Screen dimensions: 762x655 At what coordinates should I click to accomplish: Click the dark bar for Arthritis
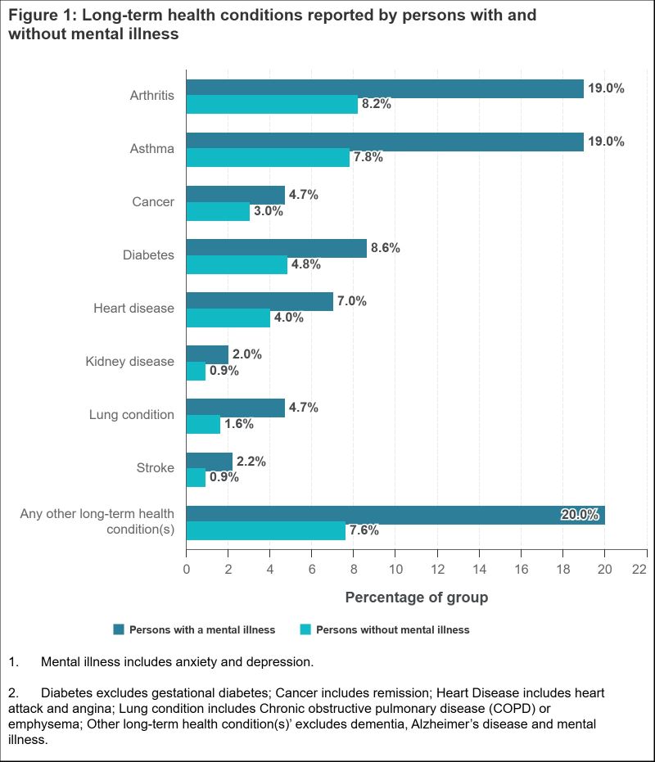pyautogui.click(x=385, y=88)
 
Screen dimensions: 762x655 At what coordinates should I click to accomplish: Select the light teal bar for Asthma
pyautogui.click(x=268, y=158)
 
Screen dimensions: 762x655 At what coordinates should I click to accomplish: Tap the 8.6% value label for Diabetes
pyautogui.click(x=385, y=248)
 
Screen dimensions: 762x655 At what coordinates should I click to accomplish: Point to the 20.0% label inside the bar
pyautogui.click(x=580, y=515)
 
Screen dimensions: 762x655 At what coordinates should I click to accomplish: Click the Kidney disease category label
pyautogui.click(x=130, y=361)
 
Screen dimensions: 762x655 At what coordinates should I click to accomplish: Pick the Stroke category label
pyautogui.click(x=156, y=467)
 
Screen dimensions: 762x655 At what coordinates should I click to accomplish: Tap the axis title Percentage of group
pyautogui.click(x=416, y=597)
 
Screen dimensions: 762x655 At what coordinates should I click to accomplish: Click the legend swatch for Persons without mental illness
pyautogui.click(x=306, y=629)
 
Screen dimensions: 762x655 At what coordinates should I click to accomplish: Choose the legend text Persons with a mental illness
pyautogui.click(x=202, y=629)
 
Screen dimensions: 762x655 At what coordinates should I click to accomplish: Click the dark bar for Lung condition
pyautogui.click(x=236, y=408)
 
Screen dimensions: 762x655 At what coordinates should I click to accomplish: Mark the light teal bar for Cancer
pyautogui.click(x=218, y=211)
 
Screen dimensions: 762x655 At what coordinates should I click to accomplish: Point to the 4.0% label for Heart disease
pyautogui.click(x=288, y=318)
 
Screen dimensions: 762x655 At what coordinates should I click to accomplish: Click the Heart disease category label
pyautogui.click(x=134, y=308)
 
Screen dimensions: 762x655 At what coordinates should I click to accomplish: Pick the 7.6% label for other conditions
pyautogui.click(x=364, y=530)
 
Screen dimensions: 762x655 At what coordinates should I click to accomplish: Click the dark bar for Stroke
pyautogui.click(x=210, y=462)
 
